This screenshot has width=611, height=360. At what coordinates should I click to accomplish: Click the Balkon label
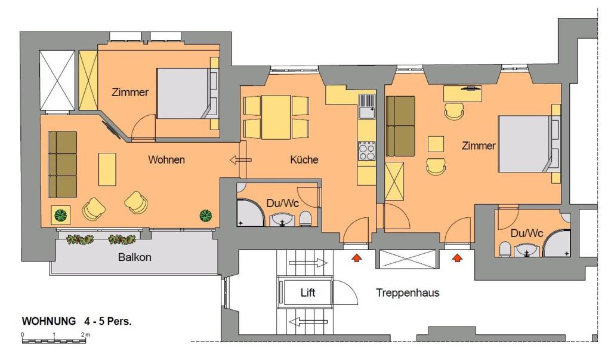[134, 257]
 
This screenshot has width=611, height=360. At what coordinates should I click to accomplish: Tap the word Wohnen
[166, 159]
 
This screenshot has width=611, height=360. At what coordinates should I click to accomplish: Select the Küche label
[304, 159]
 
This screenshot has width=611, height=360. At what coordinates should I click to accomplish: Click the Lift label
[307, 293]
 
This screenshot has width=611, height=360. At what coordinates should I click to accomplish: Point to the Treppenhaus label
[408, 293]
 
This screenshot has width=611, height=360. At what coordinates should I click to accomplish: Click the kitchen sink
[367, 106]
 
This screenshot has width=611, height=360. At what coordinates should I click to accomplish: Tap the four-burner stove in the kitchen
[367, 151]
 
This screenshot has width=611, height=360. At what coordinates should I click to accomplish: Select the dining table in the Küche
[276, 117]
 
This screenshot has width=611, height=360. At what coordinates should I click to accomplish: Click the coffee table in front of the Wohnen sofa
[107, 170]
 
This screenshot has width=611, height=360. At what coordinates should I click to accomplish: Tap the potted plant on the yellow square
[61, 215]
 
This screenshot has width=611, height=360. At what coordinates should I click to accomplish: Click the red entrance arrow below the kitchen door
[356, 258]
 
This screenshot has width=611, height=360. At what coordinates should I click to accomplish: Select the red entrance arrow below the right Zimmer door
[458, 258]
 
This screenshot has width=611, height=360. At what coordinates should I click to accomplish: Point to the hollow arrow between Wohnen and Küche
[241, 160]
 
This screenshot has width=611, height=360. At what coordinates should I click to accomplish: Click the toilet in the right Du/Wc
[505, 249]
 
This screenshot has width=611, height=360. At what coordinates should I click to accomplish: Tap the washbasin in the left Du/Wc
[283, 220]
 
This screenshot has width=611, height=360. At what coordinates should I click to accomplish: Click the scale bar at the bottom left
[54, 341]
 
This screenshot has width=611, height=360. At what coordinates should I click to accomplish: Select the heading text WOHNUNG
[49, 321]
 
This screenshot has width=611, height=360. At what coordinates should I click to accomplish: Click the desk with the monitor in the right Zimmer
[462, 94]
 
